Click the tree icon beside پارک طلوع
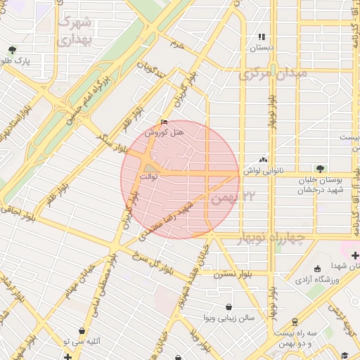12,50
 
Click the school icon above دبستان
262,37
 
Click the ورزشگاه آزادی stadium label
316,279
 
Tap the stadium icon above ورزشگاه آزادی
316,268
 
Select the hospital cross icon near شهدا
355,255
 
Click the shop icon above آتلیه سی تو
82,330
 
